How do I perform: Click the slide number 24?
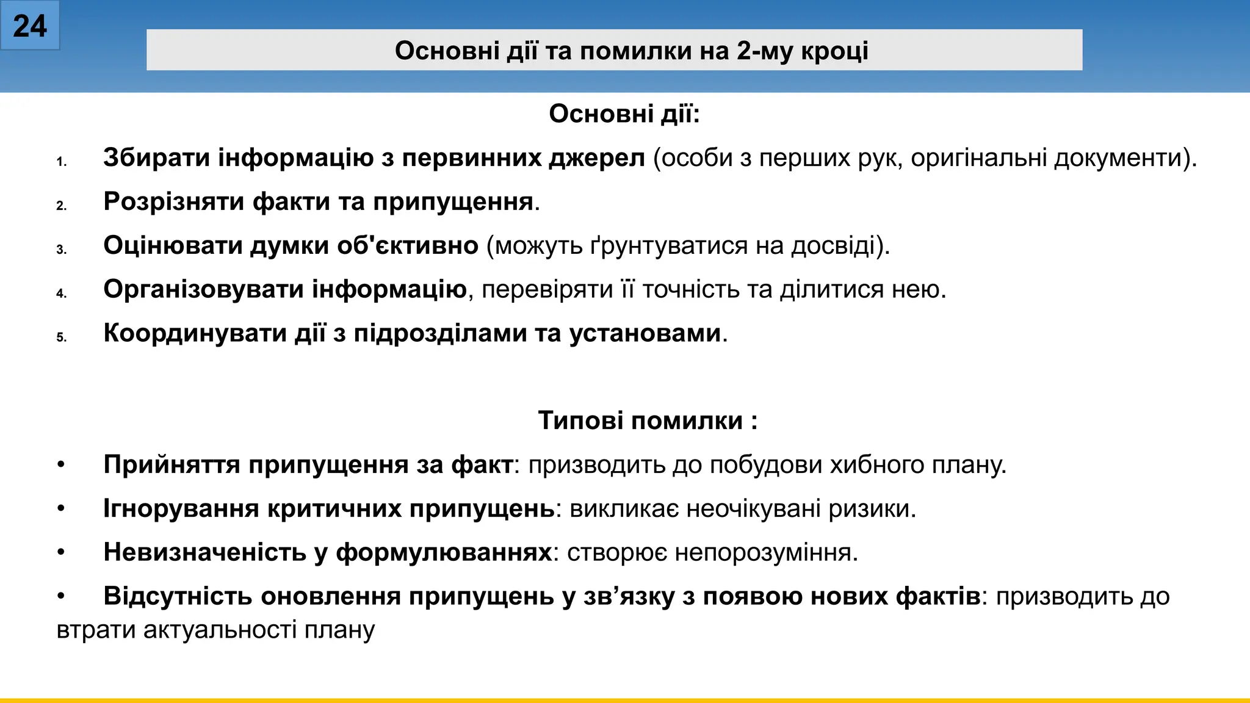click(29, 26)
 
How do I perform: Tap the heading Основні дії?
click(624, 114)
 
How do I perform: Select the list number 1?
click(61, 162)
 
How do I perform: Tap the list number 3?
click(61, 250)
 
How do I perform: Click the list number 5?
click(61, 337)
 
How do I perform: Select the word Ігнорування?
click(181, 509)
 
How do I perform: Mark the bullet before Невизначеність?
click(61, 552)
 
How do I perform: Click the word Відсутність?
click(178, 596)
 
